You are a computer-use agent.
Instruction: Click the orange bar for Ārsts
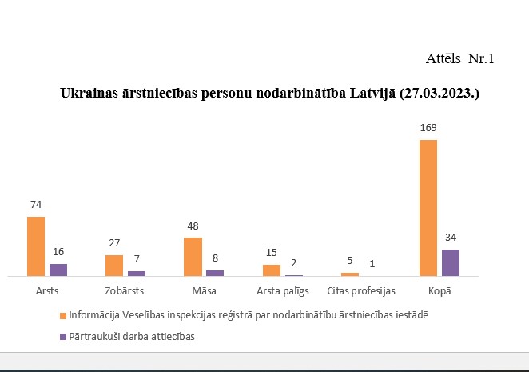pos(36,246)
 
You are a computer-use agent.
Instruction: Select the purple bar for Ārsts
pos(58,270)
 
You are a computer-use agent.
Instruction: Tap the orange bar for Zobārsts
pos(114,266)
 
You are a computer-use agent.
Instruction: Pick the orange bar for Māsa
pos(193,257)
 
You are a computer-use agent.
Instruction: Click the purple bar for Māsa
pos(215,273)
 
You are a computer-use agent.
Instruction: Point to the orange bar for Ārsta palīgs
pos(272,270)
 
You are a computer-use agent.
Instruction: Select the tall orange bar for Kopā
pos(428,208)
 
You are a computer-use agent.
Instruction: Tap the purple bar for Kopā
pos(451,262)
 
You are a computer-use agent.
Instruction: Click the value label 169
pos(428,128)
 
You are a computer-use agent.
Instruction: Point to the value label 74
pos(36,205)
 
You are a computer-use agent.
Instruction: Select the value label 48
pos(193,226)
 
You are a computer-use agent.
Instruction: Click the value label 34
pos(451,238)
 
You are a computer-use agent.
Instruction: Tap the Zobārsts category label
pos(125,290)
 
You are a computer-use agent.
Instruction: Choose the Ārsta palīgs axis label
pos(282,290)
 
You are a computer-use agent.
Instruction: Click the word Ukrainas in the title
pos(86,94)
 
